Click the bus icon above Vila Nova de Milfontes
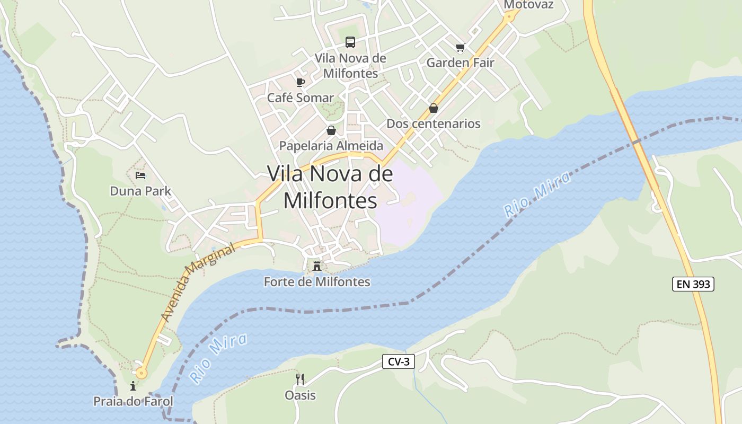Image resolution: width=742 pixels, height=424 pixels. point(350,42)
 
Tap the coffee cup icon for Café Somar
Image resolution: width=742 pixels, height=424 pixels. point(301,82)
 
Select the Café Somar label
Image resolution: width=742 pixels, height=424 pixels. point(301,98)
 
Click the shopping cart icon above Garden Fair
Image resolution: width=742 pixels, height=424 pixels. point(460,48)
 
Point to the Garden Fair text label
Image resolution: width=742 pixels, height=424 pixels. point(460,63)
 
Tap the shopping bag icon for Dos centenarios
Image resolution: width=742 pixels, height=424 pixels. point(434,108)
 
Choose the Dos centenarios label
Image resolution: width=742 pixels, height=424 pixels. point(434,123)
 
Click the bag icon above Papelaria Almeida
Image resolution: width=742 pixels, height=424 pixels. point(331,130)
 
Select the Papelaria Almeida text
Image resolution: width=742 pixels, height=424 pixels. point(331,145)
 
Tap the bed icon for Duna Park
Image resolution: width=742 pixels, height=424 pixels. point(140,175)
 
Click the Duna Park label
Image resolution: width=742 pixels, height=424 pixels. point(140,191)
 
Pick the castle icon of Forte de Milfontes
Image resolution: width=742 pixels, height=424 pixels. point(317,266)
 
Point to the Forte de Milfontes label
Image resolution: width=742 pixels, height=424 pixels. point(317,281)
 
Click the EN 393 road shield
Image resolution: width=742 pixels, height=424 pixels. point(693,284)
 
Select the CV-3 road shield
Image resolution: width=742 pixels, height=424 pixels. point(399,361)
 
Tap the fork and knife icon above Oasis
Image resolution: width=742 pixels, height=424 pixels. point(300,379)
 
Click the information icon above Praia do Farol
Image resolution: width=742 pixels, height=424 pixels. point(133,386)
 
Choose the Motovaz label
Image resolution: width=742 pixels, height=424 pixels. point(528,5)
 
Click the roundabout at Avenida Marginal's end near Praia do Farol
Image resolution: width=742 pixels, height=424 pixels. point(141,373)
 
